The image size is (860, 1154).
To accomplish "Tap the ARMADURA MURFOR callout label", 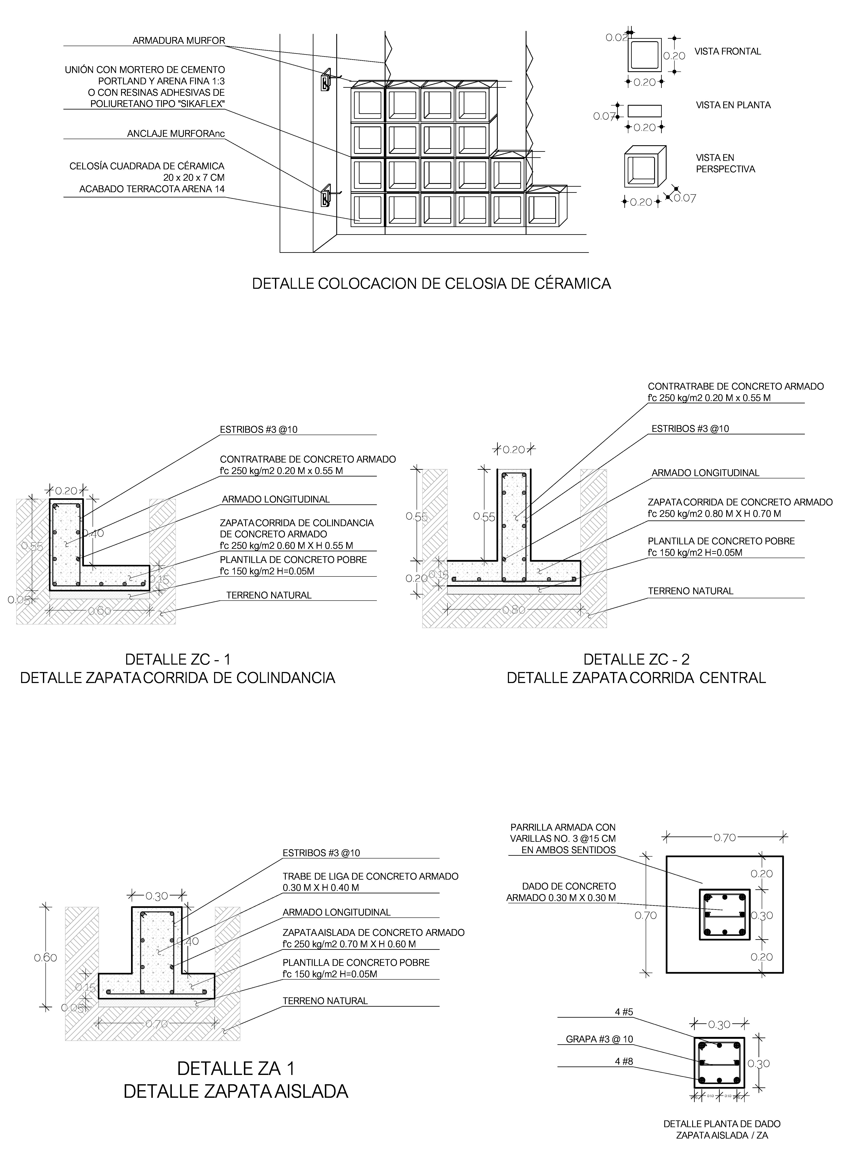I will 179,41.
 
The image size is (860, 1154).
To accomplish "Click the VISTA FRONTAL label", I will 727,52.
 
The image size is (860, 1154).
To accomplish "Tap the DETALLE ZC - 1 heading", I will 178,660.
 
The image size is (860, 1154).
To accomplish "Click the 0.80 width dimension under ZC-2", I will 514,609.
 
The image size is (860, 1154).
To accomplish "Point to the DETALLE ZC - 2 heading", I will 636,660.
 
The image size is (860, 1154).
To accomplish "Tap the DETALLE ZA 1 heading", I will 236,1069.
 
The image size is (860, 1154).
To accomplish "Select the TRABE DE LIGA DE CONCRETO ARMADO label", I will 370,877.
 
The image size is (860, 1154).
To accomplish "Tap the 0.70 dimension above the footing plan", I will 725,838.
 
